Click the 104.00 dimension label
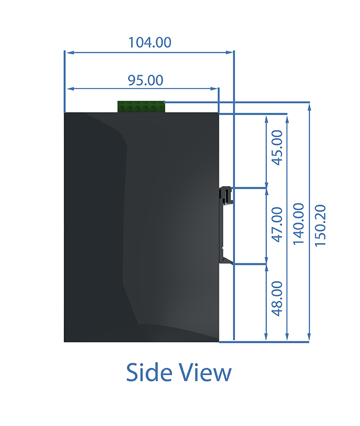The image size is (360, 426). pos(150,42)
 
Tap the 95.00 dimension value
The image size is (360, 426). pos(146,81)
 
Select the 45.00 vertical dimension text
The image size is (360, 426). pos(277,147)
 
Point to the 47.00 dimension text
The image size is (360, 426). pos(277,225)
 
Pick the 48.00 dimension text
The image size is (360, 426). pos(277,299)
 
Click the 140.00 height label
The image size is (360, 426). pos(299,224)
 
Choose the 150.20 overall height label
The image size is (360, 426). pos(320,226)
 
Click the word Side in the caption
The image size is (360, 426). pos(149,372)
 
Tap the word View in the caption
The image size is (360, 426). pos(205,372)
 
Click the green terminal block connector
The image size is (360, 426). pos(141,107)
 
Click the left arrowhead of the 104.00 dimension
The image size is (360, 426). pos(70,52)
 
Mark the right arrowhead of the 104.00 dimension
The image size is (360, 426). pos(229,52)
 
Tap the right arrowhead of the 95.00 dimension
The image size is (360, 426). pos(214,88)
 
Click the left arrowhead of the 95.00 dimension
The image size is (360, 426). pos(70,88)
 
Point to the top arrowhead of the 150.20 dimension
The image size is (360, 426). pos(309,108)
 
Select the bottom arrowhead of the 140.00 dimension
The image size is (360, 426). pos(287,336)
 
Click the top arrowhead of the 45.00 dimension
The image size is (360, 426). pos(266,120)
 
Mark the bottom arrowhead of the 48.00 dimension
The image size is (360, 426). pos(266,336)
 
